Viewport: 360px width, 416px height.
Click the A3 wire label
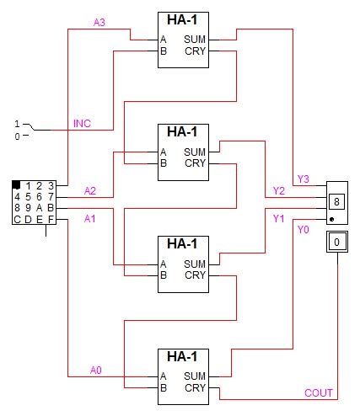pyautogui.click(x=99, y=22)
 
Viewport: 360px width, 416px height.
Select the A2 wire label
pyautogui.click(x=90, y=190)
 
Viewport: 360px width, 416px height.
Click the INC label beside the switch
pyautogui.click(x=82, y=124)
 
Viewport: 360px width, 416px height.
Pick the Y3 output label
pyautogui.click(x=304, y=179)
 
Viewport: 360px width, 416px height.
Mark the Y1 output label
pyautogui.click(x=280, y=218)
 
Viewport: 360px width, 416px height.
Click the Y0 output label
pyautogui.click(x=304, y=230)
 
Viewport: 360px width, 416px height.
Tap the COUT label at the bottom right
pyautogui.click(x=319, y=392)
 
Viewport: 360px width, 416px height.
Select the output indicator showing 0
pyautogui.click(x=336, y=243)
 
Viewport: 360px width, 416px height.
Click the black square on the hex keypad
pyautogui.click(x=17, y=185)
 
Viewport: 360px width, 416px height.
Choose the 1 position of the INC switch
pyautogui.click(x=16, y=124)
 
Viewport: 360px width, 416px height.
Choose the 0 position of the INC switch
pyautogui.click(x=16, y=136)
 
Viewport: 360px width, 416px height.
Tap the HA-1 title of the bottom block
pyautogui.click(x=181, y=357)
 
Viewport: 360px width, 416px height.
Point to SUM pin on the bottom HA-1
pyautogui.click(x=195, y=376)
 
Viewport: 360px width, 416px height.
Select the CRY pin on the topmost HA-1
pyautogui.click(x=195, y=51)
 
